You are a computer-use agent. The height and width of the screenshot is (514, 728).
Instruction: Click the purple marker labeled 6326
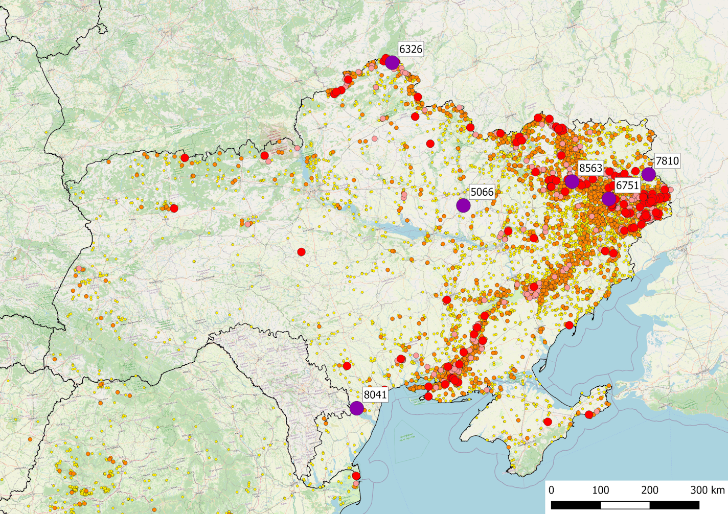[392, 62]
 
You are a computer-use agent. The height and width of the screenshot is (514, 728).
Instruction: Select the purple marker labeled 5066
[463, 205]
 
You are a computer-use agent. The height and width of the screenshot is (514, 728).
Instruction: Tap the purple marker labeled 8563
[572, 181]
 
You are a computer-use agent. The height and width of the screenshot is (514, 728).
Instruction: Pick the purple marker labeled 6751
[609, 199]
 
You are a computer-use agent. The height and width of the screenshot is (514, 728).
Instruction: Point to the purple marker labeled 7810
[649, 174]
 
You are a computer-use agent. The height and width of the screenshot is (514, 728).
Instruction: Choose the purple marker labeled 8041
[357, 408]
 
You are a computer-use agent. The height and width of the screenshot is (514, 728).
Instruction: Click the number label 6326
[411, 49]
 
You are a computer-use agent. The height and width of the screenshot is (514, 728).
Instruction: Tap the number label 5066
[482, 192]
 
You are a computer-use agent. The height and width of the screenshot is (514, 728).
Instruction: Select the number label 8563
[590, 168]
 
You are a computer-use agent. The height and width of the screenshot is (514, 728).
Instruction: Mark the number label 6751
[627, 185]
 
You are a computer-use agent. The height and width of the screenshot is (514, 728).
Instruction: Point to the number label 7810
[667, 161]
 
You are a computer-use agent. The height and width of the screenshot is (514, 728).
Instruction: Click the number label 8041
[375, 394]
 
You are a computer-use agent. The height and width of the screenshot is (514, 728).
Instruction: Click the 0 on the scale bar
[551, 490]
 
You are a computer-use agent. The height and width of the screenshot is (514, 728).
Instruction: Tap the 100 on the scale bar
[600, 490]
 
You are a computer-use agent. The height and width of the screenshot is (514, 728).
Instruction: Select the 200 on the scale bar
[650, 490]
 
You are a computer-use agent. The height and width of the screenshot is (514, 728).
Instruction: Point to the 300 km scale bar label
[707, 490]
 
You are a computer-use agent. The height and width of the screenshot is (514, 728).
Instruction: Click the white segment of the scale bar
[625, 505]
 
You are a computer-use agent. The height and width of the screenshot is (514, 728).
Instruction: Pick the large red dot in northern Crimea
[548, 422]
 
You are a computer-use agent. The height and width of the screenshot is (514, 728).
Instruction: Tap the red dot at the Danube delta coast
[356, 476]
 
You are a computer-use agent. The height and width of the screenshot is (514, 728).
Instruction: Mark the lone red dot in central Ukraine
[301, 252]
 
